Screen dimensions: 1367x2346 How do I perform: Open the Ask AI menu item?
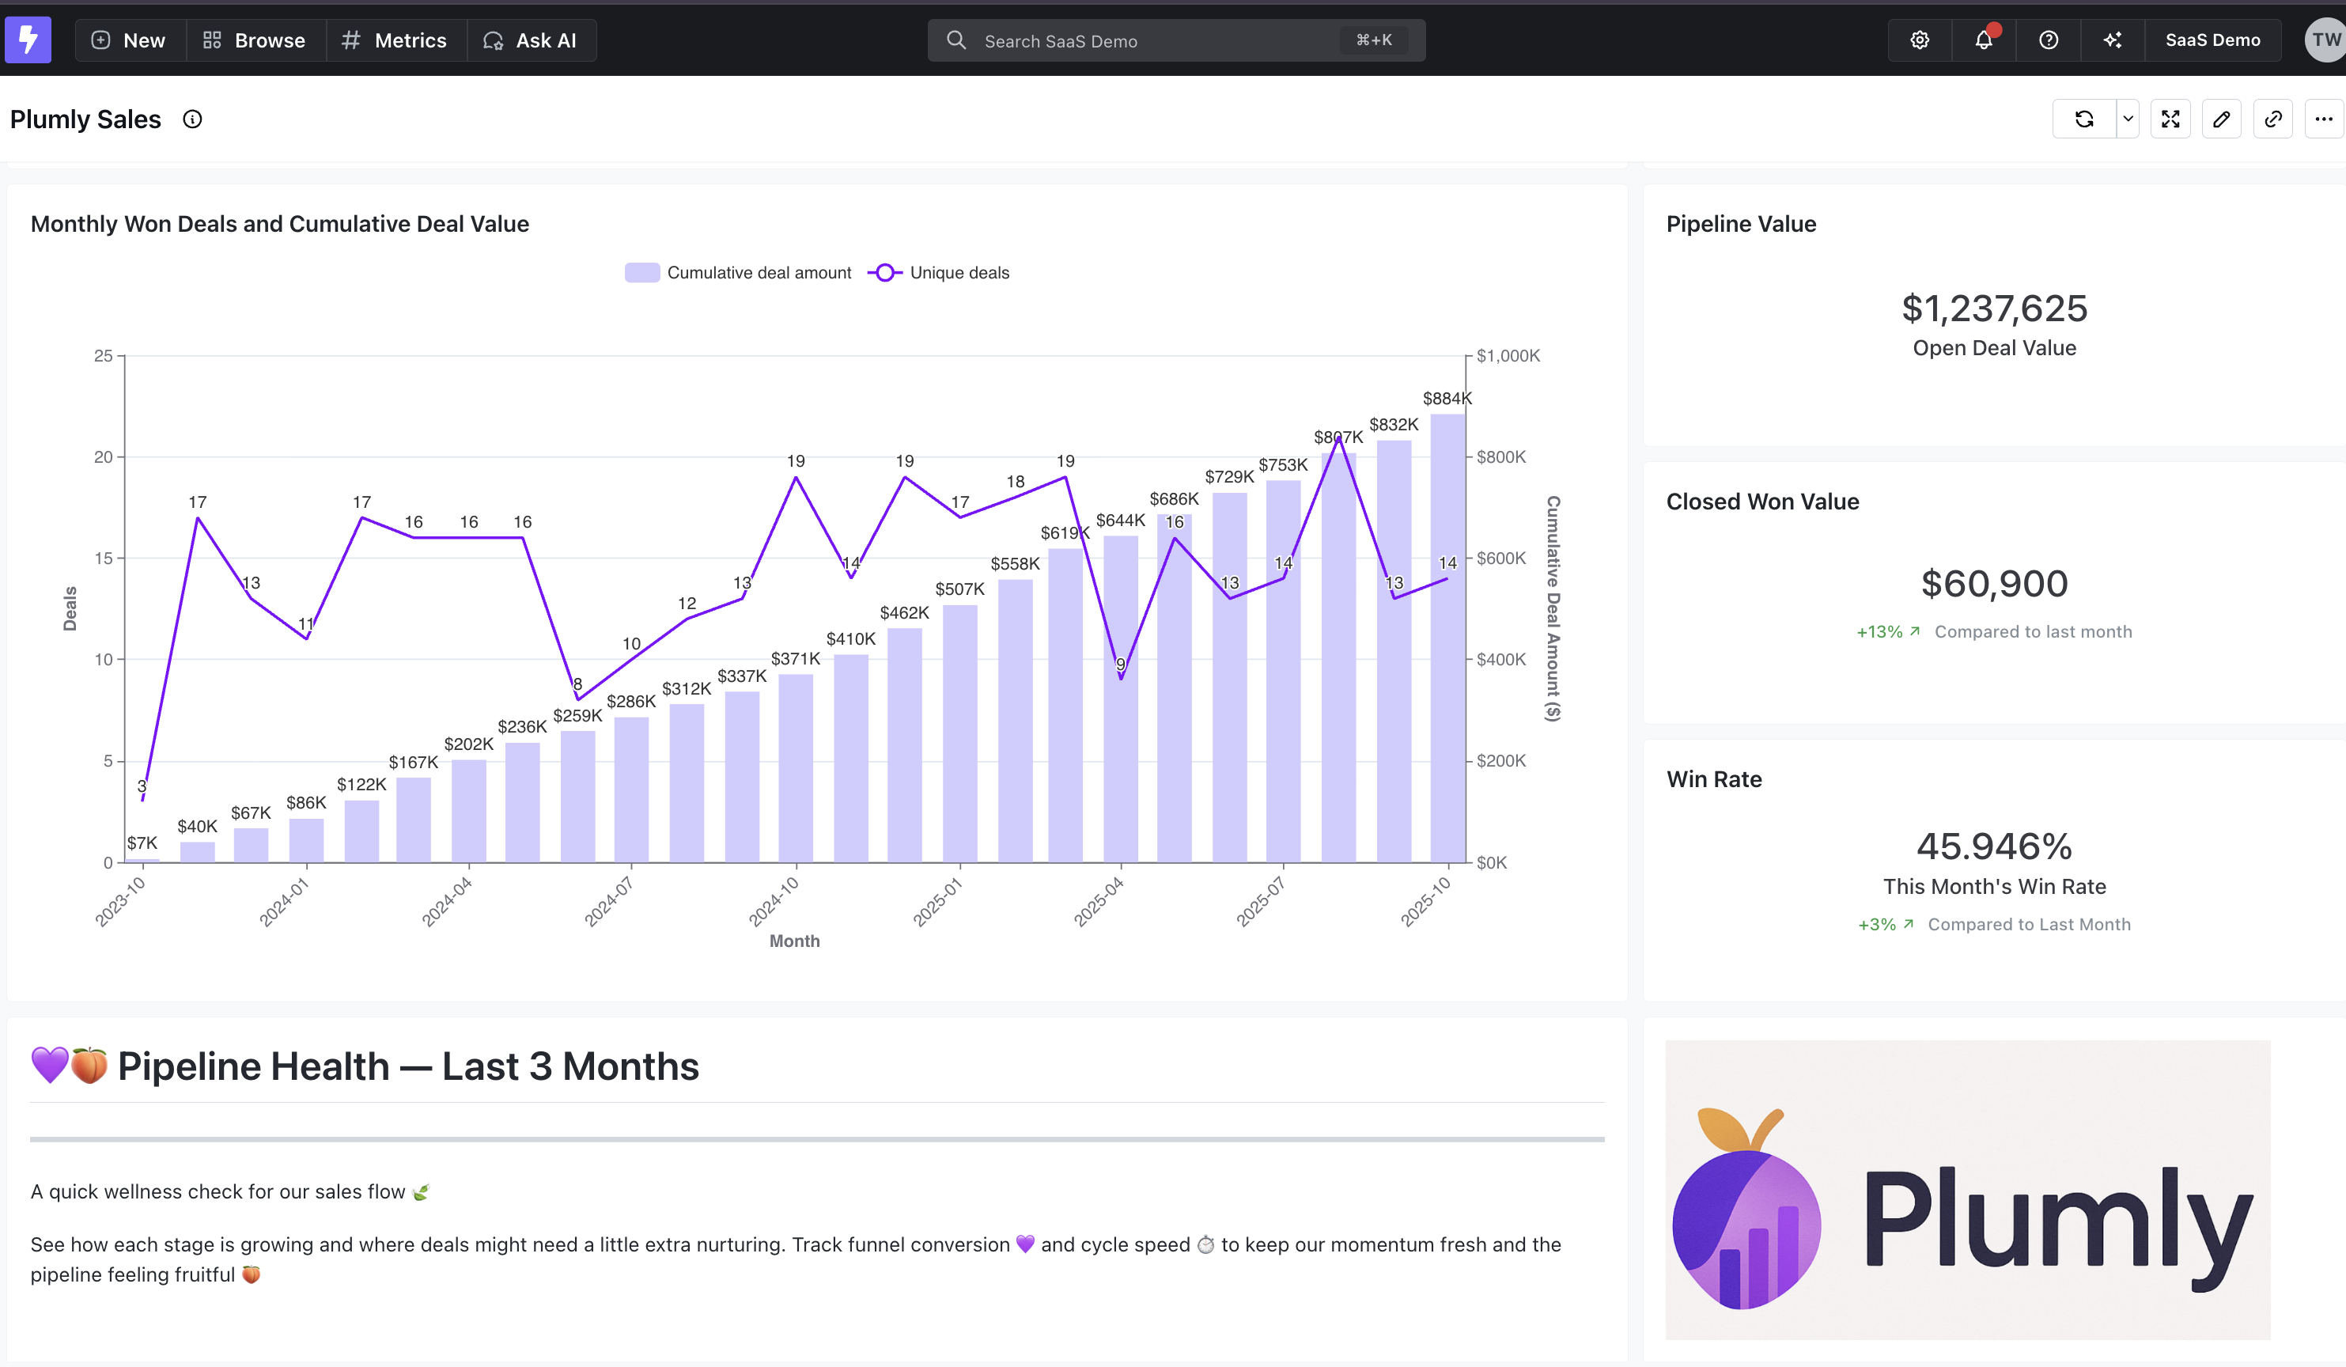(531, 40)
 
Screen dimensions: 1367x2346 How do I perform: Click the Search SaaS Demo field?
(1154, 41)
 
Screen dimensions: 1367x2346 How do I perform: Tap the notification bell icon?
(1984, 40)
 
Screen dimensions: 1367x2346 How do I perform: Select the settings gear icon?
(1920, 40)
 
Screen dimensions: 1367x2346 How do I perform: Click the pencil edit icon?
(2221, 119)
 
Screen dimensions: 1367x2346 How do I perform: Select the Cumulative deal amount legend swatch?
(642, 273)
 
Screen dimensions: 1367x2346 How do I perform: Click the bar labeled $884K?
(1447, 642)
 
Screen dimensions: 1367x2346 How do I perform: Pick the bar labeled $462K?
(904, 745)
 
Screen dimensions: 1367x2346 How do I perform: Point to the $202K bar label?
(468, 744)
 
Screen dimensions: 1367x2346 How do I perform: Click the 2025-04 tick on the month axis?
(1100, 901)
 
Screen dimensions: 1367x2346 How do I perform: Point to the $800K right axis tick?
(1500, 457)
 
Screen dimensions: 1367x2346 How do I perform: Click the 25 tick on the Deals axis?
(104, 356)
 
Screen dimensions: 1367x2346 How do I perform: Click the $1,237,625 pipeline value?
(1994, 309)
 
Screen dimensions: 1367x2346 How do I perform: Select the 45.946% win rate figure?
(1994, 846)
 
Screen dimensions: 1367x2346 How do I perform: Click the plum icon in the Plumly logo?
(1746, 1210)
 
